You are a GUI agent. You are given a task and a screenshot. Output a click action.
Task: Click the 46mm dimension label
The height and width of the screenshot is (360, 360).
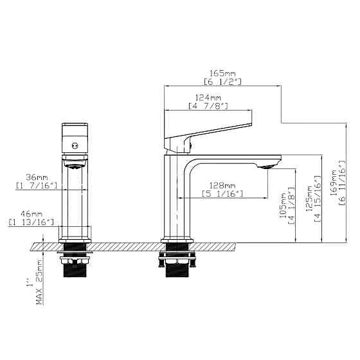point(32,213)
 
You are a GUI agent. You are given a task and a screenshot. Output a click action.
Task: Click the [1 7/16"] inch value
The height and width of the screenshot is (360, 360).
point(37,186)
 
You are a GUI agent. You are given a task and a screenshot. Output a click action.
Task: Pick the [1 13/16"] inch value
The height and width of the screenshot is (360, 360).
point(32,222)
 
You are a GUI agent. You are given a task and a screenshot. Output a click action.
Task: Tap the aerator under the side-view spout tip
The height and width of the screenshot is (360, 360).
point(268,166)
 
